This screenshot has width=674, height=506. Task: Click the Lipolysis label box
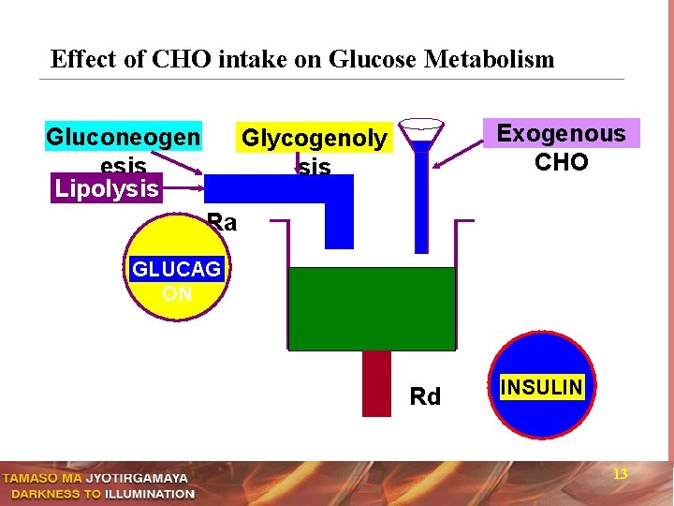pos(106,188)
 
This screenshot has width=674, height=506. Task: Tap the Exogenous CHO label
pos(561,146)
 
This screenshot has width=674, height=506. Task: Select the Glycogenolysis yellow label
pos(313,139)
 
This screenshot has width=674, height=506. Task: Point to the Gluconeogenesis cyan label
pos(123,138)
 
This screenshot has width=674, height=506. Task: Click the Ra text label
pos(222,223)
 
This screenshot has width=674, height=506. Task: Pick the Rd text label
pos(425,397)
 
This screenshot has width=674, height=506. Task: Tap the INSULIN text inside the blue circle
pos(542,387)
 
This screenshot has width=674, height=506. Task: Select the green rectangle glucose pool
pos(372,308)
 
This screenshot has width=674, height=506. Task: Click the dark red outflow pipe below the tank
pos(376,382)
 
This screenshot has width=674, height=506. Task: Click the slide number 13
pos(620,474)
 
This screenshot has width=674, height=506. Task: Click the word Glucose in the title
pos(374,60)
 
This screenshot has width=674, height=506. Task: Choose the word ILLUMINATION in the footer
pos(150,494)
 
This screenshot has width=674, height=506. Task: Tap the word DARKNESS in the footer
pos(44,494)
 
